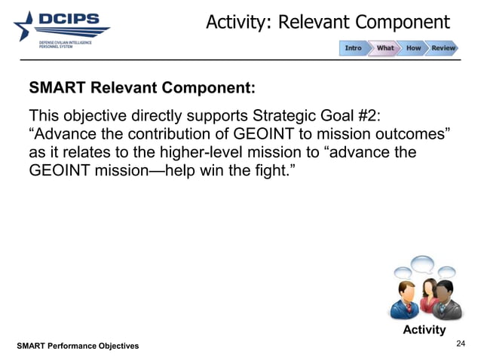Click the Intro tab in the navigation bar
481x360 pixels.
(x=353, y=48)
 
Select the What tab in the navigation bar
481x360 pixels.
(x=384, y=48)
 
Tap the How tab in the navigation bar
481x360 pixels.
(x=413, y=48)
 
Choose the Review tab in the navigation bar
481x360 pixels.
(x=443, y=48)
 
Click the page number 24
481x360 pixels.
(x=461, y=344)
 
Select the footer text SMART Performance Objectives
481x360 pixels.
(x=78, y=346)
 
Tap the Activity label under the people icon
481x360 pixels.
(x=424, y=330)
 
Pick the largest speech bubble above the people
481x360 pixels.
(x=421, y=265)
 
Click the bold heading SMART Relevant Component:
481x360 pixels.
(x=142, y=87)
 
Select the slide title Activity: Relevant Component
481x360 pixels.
(x=328, y=22)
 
